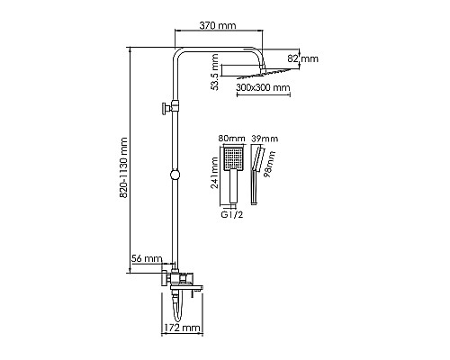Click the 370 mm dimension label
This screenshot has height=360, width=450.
(x=218, y=25)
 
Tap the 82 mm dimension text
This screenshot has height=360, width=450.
(x=303, y=58)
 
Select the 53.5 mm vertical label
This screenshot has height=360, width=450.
(x=214, y=72)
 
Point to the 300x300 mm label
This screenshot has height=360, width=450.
(x=263, y=87)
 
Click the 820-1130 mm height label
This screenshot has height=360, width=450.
(x=123, y=167)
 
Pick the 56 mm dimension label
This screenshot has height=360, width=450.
(x=147, y=258)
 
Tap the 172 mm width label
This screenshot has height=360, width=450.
(x=182, y=328)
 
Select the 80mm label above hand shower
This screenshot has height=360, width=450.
(x=231, y=139)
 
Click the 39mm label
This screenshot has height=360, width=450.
(x=265, y=139)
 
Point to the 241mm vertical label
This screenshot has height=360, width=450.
(x=214, y=173)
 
